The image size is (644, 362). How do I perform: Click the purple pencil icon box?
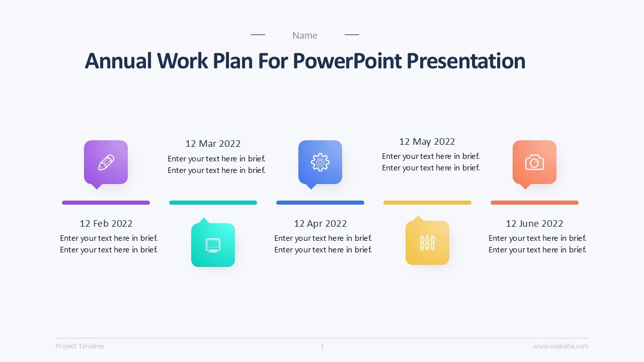pyautogui.click(x=106, y=162)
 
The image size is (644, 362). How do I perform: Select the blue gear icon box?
pyautogui.click(x=320, y=162)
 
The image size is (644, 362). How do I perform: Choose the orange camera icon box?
pyautogui.click(x=534, y=162)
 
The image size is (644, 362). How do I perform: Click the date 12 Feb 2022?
pyautogui.click(x=106, y=224)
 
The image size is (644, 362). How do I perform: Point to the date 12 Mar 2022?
pyautogui.click(x=213, y=144)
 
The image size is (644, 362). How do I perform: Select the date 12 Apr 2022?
pyautogui.click(x=320, y=224)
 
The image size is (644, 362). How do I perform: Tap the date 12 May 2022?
pyautogui.click(x=427, y=142)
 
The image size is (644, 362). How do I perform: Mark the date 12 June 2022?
pyautogui.click(x=534, y=224)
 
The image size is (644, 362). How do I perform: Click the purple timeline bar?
pyautogui.click(x=106, y=203)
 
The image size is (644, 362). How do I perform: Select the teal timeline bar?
pyautogui.click(x=213, y=203)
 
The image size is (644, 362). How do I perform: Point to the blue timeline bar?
pyautogui.click(x=320, y=203)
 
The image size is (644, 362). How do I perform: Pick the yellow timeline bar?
pyautogui.click(x=427, y=203)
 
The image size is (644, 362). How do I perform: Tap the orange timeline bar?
pyautogui.click(x=534, y=203)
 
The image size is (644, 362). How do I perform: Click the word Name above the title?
pyautogui.click(x=305, y=36)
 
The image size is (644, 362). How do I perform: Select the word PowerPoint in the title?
pyautogui.click(x=347, y=61)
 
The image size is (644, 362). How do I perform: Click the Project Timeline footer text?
pyautogui.click(x=79, y=346)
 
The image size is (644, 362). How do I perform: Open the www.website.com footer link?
pyautogui.click(x=560, y=346)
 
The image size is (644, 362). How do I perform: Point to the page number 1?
pyautogui.click(x=323, y=347)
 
